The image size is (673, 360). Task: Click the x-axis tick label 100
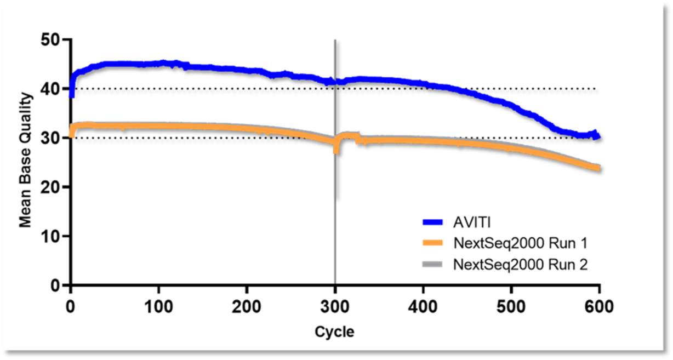click(x=158, y=305)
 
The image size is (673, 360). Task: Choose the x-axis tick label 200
click(x=247, y=305)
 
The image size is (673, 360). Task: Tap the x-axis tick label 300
click(x=335, y=305)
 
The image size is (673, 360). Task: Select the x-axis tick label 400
click(x=423, y=305)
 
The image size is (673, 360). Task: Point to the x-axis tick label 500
click(x=511, y=305)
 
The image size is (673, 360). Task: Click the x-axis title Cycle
click(x=334, y=332)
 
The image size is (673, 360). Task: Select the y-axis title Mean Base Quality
click(x=25, y=161)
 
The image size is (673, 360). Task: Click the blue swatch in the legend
click(x=436, y=222)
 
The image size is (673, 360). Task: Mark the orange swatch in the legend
click(x=436, y=243)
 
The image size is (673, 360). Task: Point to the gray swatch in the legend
click(x=436, y=265)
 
